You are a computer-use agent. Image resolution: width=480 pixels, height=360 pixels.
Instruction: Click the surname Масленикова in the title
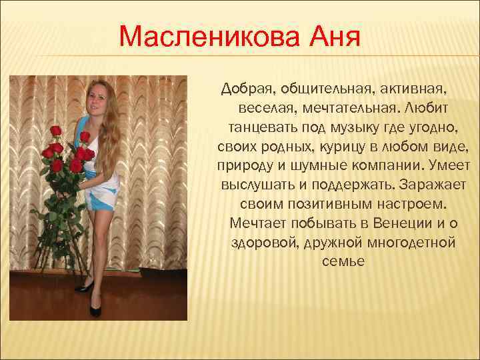(204, 37)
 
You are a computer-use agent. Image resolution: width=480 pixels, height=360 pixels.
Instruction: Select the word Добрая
(247, 89)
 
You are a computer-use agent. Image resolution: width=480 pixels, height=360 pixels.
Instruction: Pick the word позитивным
(328, 202)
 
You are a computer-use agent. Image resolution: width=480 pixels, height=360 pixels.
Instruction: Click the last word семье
(343, 259)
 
